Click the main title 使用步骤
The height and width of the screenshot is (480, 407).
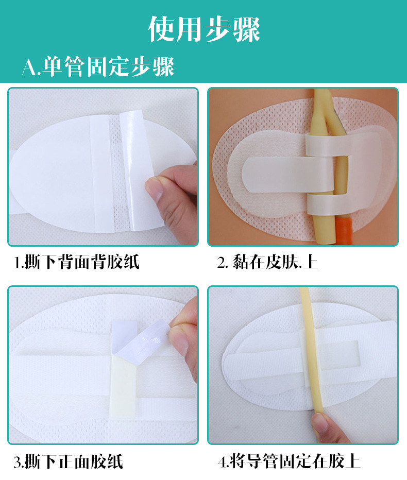204,29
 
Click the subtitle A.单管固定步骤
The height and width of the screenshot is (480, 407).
97,66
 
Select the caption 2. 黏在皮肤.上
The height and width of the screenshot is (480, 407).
267,263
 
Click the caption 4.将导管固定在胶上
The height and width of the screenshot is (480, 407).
289,461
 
